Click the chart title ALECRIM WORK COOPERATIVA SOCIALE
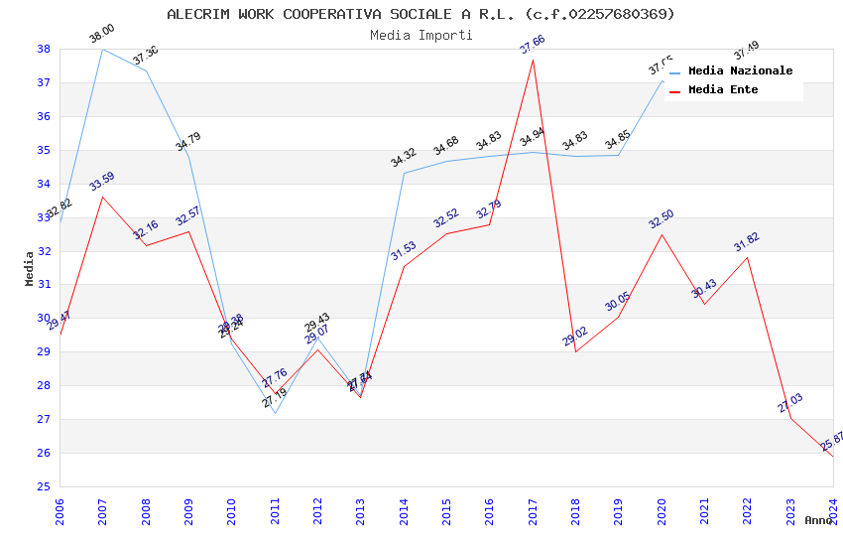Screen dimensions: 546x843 coord(421,14)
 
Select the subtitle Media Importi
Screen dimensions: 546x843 coord(421,35)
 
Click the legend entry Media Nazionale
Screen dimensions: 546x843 coord(740,70)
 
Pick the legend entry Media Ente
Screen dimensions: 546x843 coord(723,89)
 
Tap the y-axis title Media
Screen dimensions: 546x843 coord(30,268)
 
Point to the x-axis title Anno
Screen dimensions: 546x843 coord(818,520)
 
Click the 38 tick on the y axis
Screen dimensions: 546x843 coord(44,49)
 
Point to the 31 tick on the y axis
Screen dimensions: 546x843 coord(44,285)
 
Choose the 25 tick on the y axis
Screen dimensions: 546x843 coord(44,486)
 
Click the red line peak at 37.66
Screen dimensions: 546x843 coord(533,60)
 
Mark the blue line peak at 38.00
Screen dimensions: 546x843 coord(102,49)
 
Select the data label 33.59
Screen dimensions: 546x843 coord(102,182)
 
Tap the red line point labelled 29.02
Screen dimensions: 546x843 coord(575,351)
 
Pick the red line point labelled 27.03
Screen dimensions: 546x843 coord(790,418)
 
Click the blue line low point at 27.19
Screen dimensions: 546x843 coord(275,413)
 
